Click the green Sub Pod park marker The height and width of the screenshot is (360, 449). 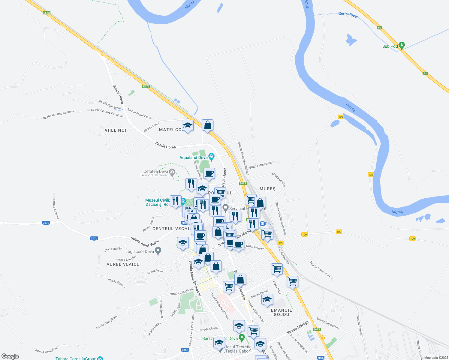pos(402,45)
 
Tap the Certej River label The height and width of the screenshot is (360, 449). pos(348,15)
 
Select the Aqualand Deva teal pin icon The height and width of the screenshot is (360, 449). pos(212,156)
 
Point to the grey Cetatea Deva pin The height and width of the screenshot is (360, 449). pos(172,172)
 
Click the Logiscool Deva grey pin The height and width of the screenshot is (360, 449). pos(158,251)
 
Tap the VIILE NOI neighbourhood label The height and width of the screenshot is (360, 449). pos(115,130)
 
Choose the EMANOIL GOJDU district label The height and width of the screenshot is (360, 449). pos(282,312)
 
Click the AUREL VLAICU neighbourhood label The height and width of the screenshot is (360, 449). pos(123,264)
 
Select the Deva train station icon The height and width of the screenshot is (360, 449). pos(262,224)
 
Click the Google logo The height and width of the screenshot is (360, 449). pos(10,356)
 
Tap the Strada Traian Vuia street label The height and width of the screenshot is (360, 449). pos(320,269)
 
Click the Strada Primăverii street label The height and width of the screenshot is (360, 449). pos(110,105)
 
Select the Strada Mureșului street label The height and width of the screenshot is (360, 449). pos(260,165)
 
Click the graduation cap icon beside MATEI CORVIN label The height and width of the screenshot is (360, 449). pos(188,125)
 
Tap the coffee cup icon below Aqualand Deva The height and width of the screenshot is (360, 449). pos(209,173)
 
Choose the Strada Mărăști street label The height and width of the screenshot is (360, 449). pos(298,328)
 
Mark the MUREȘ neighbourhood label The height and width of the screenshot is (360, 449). pos(267,189)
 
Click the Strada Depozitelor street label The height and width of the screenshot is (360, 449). pos(328,323)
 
